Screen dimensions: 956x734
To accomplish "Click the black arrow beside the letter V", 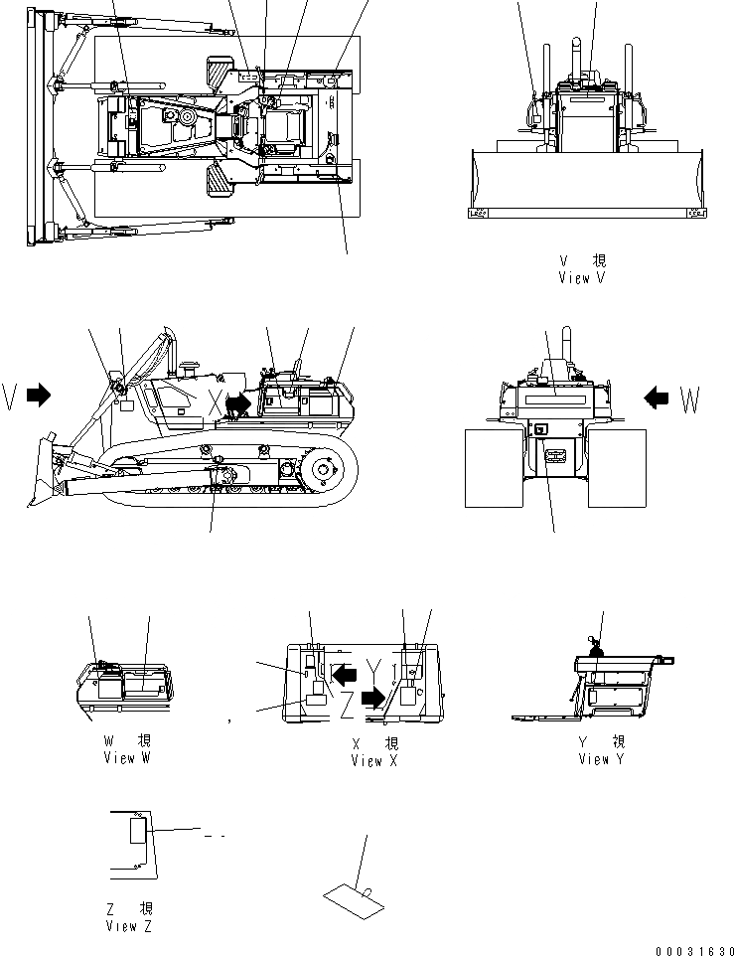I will (x=39, y=396).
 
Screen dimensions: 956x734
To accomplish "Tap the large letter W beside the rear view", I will (x=690, y=401).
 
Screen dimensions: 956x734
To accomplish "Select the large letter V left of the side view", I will (x=10, y=396).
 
